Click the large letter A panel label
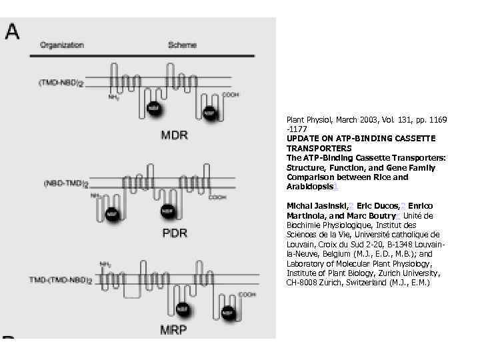coord(12,31)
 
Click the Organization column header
coord(62,45)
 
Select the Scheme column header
coord(182,45)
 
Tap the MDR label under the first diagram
coord(174,135)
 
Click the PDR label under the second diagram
coord(175,233)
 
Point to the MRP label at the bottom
coord(173,330)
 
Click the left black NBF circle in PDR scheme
coord(112,215)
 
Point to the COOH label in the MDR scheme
coord(230,95)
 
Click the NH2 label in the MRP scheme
coord(105,264)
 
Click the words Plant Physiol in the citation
coord(304,120)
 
